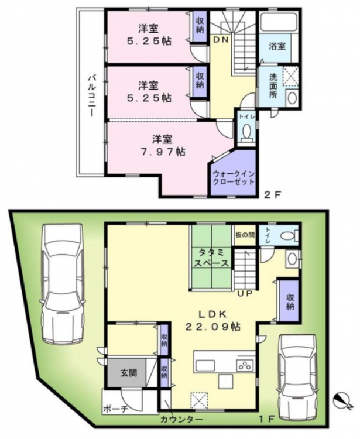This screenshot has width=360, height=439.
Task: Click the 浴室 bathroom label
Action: tap(277, 46)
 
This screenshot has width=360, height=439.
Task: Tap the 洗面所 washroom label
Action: tap(273, 85)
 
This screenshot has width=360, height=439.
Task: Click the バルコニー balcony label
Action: tap(91, 95)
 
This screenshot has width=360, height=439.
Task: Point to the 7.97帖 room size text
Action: tap(162, 152)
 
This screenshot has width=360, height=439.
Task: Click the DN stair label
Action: tap(221, 40)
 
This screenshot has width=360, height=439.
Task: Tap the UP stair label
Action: tap(245, 294)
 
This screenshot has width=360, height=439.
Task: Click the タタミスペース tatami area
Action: tap(212, 258)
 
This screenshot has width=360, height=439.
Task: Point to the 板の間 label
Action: tap(245, 235)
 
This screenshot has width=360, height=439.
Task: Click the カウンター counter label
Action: tap(181, 420)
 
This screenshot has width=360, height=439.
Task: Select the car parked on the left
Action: tap(62, 283)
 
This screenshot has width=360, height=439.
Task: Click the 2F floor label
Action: tap(272, 194)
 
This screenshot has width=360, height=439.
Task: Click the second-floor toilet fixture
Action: tap(246, 132)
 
